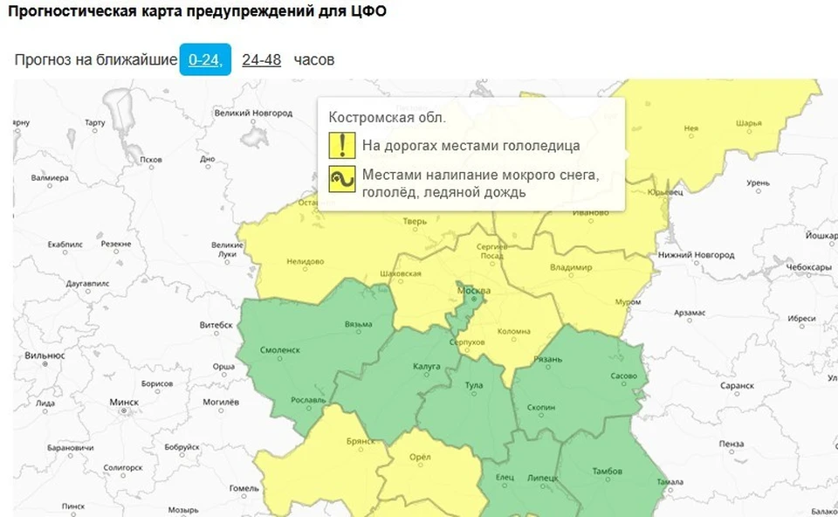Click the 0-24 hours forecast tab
205,59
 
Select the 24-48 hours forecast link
262,59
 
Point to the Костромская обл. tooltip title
387,117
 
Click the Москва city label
474,291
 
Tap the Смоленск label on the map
280,349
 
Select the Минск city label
124,403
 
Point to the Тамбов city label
607,472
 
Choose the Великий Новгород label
253,114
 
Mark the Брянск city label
360,441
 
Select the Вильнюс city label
45,355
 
